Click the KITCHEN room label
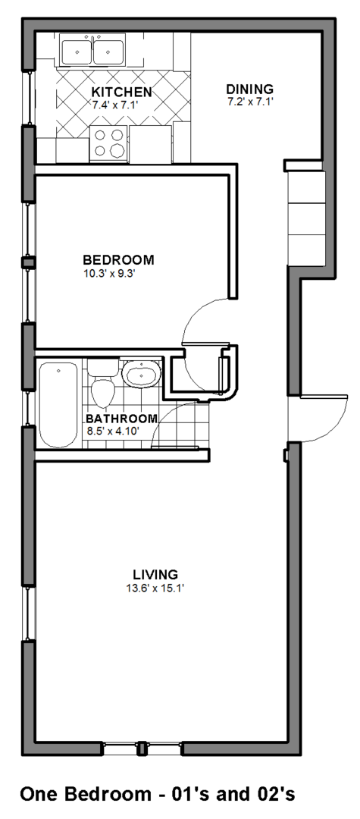(123, 92)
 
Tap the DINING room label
(249, 89)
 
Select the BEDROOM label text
(119, 259)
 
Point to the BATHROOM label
(121, 419)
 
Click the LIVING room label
(155, 575)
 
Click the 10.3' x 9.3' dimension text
(110, 273)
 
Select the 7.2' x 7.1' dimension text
(250, 102)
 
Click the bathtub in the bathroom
(58, 405)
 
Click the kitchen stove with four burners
(108, 143)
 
